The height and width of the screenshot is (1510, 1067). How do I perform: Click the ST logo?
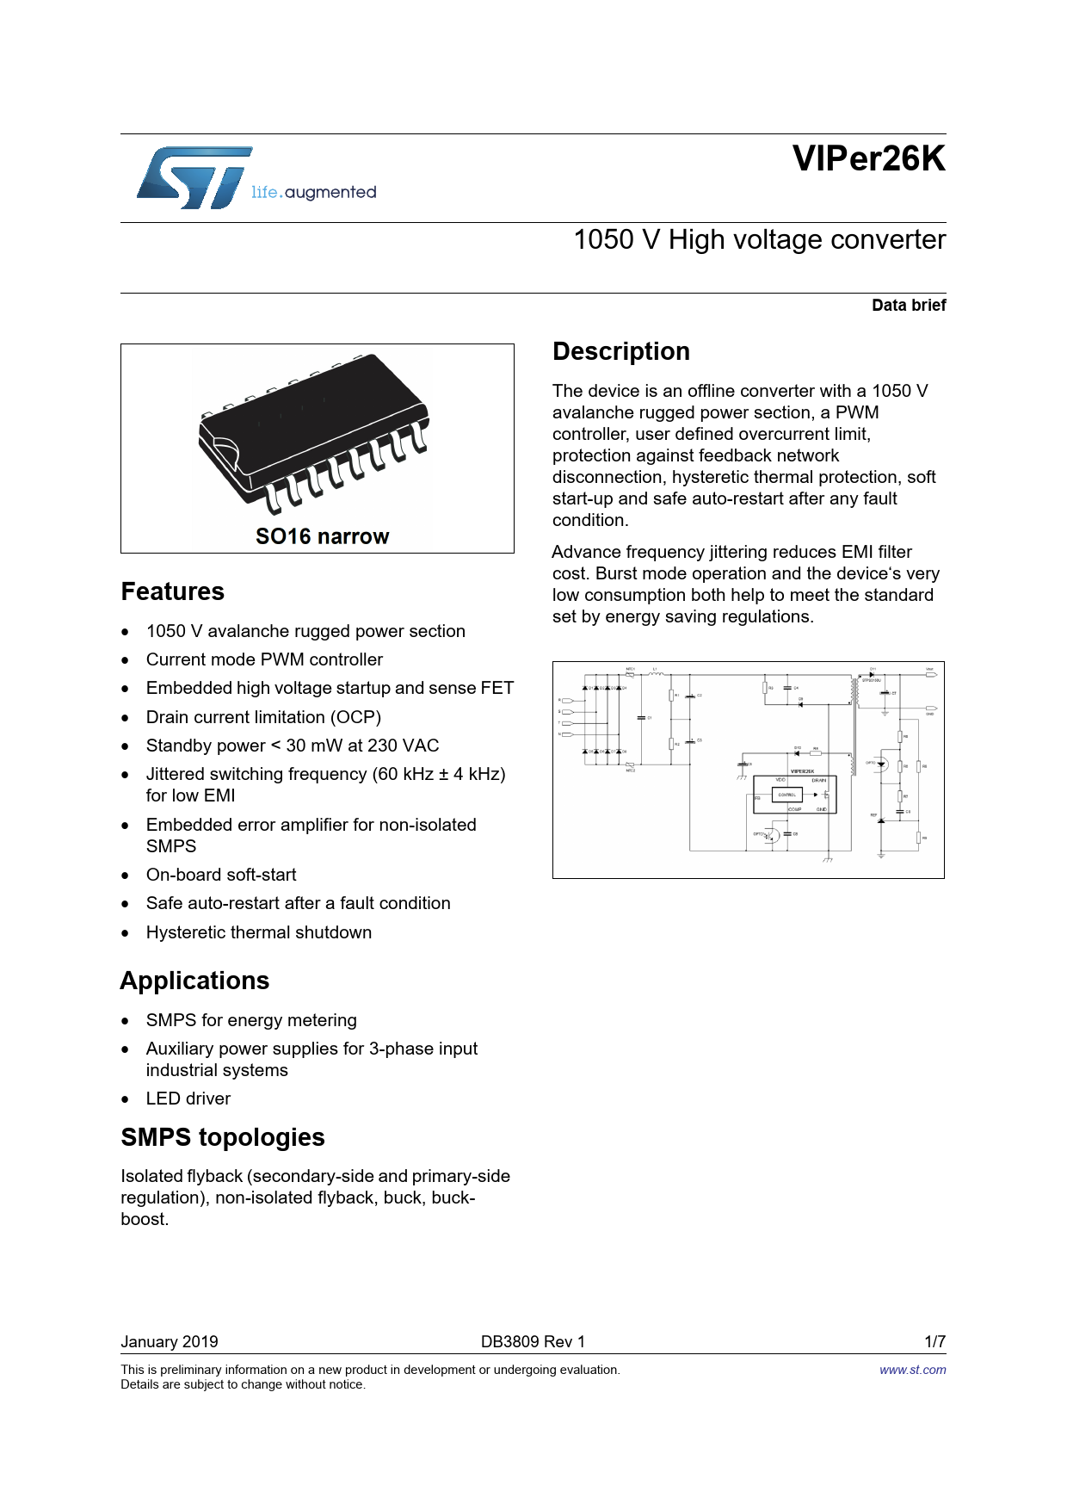click(x=194, y=177)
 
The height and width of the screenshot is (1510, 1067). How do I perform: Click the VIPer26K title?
click(x=868, y=159)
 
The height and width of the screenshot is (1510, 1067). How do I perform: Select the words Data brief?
click(x=908, y=306)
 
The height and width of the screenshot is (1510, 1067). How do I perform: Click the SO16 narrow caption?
click(x=322, y=537)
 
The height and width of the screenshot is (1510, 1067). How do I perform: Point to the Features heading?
click(x=173, y=592)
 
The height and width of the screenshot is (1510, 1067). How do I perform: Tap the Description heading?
click(x=620, y=352)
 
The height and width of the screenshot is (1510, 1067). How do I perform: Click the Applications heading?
click(x=194, y=981)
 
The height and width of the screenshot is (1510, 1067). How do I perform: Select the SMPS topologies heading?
click(x=223, y=1138)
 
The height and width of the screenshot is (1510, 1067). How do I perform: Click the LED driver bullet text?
click(x=188, y=1099)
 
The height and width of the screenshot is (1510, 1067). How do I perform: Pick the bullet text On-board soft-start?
click(x=221, y=876)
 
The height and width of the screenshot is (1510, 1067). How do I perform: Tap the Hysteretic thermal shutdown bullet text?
click(x=259, y=933)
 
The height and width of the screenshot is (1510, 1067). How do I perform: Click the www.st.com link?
click(x=912, y=1371)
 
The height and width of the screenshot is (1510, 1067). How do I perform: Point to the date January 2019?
click(x=170, y=1342)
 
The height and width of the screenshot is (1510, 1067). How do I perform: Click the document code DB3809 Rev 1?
click(x=533, y=1342)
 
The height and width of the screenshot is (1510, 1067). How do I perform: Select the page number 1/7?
click(x=934, y=1342)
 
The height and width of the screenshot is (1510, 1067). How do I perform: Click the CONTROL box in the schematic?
click(x=787, y=795)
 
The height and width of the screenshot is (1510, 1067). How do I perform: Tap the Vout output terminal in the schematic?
click(x=930, y=675)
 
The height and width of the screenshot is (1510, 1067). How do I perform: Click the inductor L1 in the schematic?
click(x=656, y=675)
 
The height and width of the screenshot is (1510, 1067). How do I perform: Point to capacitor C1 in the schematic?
click(x=641, y=717)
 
